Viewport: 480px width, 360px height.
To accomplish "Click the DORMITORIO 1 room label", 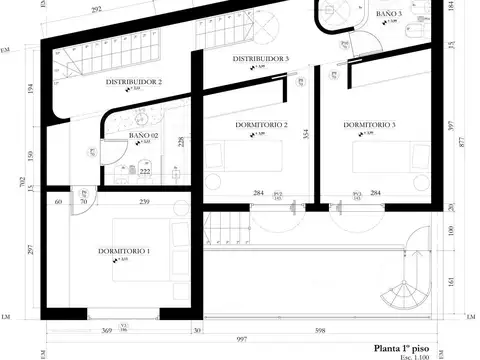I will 124,250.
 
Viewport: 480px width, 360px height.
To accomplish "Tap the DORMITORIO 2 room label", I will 262,125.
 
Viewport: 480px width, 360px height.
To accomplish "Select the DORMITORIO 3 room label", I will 369,125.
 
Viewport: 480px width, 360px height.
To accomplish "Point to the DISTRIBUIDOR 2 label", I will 134,82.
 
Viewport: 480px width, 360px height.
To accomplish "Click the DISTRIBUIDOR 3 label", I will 261,60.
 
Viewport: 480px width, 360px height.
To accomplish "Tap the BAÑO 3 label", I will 389,15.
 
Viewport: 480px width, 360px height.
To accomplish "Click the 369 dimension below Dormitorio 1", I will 105,330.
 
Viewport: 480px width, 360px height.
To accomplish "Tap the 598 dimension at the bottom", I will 321,330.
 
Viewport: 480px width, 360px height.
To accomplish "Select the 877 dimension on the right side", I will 464,142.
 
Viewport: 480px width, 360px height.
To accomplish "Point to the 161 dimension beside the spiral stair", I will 451,281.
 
